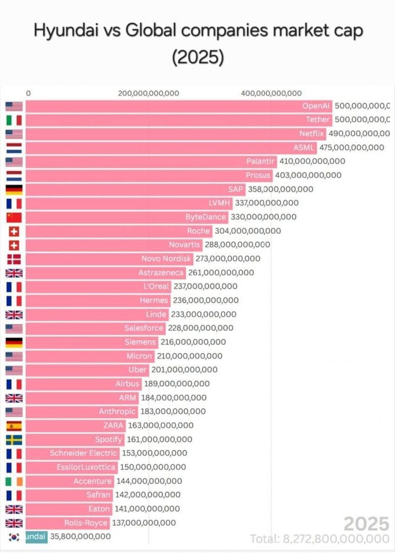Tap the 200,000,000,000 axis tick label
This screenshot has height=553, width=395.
148,93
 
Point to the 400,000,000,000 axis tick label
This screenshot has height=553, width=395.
271,93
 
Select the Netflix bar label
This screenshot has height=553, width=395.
311,133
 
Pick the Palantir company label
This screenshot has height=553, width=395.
260,161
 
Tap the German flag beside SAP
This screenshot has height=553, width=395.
14,189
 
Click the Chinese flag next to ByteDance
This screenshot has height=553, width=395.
14,217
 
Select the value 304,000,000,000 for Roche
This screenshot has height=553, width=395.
247,231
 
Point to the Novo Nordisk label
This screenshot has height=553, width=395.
167,259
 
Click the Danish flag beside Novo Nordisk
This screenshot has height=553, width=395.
14,259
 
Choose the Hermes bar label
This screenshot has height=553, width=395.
154,300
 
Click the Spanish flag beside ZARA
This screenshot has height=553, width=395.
14,425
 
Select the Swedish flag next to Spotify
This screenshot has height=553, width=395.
14,439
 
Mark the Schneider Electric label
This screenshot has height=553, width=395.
83,453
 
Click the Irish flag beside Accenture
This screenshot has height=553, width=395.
14,481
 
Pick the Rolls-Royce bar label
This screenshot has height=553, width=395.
86,523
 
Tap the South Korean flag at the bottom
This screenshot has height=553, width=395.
14,537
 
